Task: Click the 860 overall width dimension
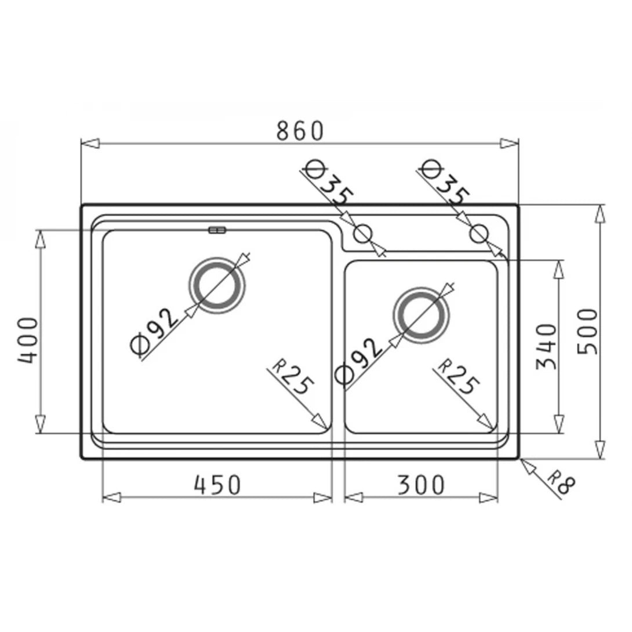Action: [299, 131]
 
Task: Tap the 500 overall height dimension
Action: [587, 331]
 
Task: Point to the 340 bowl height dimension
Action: [546, 346]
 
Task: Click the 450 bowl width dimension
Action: [217, 485]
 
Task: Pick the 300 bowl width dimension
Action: [422, 485]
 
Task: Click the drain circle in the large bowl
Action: [217, 284]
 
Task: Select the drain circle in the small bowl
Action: [422, 315]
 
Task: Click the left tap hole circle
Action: [362, 234]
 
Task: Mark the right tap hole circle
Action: [478, 234]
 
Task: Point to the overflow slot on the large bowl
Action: [217, 231]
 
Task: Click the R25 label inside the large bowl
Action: [293, 378]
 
